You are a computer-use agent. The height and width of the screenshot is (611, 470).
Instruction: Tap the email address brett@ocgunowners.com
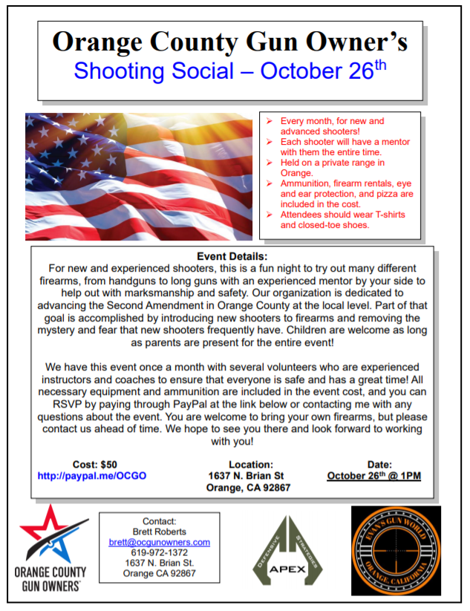(159, 542)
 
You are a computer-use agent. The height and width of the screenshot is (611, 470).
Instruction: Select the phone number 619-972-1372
(159, 553)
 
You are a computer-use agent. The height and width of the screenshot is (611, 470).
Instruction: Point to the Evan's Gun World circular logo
(396, 549)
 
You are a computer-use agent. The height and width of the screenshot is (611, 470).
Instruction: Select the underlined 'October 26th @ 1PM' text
(373, 476)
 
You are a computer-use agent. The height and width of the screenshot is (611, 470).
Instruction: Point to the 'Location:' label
(251, 464)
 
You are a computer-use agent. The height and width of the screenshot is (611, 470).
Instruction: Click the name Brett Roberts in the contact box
(159, 532)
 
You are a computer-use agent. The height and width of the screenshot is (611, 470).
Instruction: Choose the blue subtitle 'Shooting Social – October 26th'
(231, 72)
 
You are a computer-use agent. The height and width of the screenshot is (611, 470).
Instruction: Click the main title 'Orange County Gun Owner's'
(231, 41)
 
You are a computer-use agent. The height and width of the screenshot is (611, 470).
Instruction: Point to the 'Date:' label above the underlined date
(374, 464)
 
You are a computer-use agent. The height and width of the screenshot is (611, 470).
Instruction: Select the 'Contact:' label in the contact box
(159, 521)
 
